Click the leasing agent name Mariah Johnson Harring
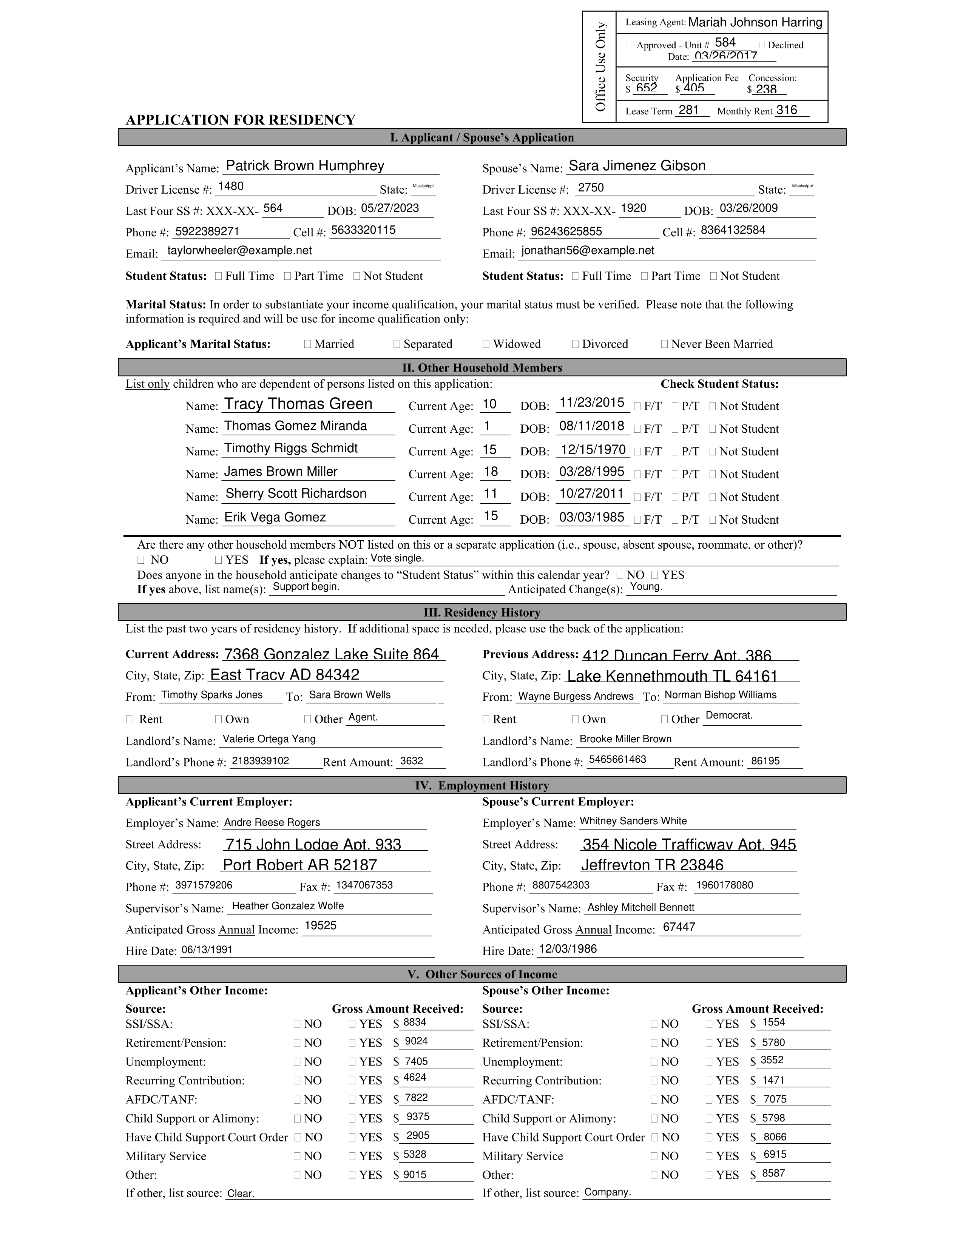(x=755, y=23)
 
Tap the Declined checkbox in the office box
(x=763, y=45)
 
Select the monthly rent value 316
(x=786, y=110)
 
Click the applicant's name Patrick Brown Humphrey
(x=305, y=166)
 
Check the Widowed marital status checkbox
(x=486, y=344)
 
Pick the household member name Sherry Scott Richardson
(x=296, y=493)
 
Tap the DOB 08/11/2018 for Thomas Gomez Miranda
(x=592, y=426)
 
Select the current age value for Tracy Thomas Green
(x=489, y=404)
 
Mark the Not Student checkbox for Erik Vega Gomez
(x=713, y=520)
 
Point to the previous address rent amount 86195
(x=765, y=761)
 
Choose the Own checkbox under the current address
(x=219, y=719)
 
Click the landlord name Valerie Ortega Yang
(x=269, y=739)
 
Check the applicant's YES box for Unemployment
(x=353, y=1062)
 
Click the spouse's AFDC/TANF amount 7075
(x=775, y=1099)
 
